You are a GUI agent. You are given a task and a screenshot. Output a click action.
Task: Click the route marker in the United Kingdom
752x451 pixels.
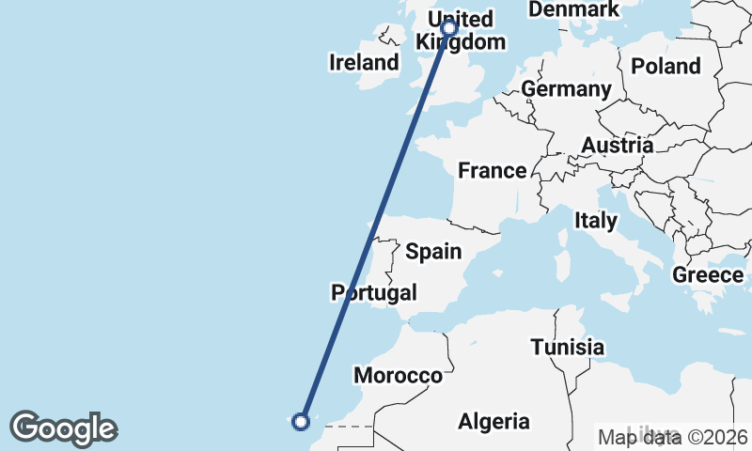click(x=449, y=27)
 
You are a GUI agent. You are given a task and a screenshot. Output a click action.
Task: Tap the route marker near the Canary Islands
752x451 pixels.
click(x=301, y=421)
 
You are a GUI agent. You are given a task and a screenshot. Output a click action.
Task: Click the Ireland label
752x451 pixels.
click(x=364, y=63)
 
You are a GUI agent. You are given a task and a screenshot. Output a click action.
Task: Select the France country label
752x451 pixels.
click(x=492, y=170)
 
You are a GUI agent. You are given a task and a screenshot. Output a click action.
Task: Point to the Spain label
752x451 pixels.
click(x=433, y=251)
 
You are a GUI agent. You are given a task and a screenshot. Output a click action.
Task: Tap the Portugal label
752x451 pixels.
click(x=373, y=292)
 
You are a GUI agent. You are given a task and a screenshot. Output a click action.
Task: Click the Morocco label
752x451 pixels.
click(x=398, y=375)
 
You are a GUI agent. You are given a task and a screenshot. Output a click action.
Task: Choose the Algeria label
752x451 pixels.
click(x=493, y=422)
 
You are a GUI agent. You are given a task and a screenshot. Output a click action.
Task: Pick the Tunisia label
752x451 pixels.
click(x=567, y=347)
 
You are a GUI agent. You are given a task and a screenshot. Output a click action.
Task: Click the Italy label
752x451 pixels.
click(x=596, y=221)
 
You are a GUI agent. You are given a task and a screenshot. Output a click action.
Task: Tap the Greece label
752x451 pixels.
click(x=707, y=274)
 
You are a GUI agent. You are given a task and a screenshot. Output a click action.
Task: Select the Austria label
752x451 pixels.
click(x=618, y=146)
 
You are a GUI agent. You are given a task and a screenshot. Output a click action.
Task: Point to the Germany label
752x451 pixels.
click(x=566, y=89)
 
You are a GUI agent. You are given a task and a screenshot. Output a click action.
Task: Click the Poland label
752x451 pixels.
click(x=666, y=66)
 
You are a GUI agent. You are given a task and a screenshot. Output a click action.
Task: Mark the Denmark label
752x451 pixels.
click(x=574, y=9)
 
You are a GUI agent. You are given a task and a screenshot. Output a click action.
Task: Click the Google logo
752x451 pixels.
click(x=64, y=428)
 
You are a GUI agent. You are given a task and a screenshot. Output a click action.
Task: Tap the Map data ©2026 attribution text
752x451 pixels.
click(x=673, y=437)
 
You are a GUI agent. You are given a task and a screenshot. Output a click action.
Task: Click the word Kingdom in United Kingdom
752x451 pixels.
click(x=461, y=42)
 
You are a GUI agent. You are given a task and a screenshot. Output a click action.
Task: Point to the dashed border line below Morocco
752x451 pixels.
click(x=349, y=426)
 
